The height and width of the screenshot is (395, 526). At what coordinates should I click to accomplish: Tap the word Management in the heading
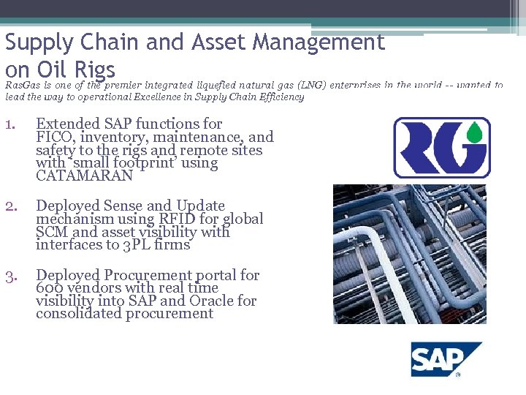(x=318, y=43)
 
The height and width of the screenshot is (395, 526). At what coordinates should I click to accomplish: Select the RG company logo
(x=441, y=148)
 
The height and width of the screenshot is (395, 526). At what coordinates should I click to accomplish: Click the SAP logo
(x=445, y=359)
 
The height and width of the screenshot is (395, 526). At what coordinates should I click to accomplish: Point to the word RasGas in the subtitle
(x=23, y=86)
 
